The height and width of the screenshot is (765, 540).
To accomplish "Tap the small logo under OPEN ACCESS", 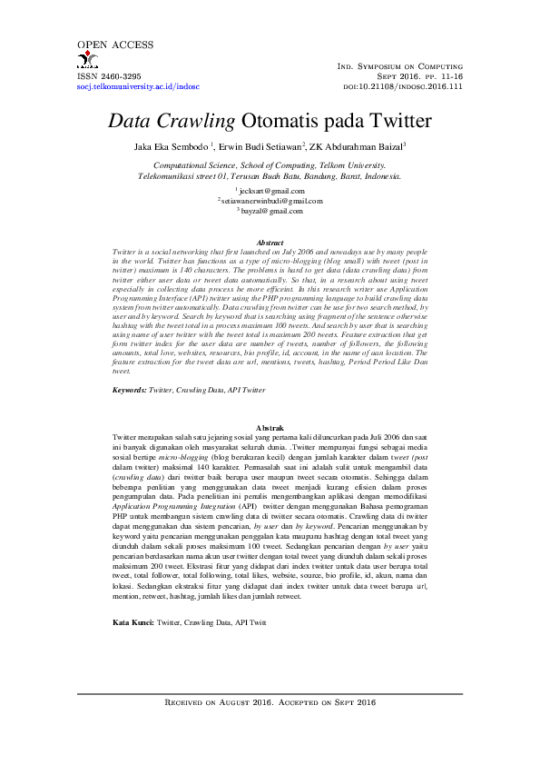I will pyautogui.click(x=87, y=62).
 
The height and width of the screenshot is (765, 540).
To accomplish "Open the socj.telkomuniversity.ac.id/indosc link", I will pyautogui.click(x=138, y=87).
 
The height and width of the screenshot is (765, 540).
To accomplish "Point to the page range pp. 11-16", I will pyautogui.click(x=444, y=77).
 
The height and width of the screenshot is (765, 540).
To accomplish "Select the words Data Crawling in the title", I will pyautogui.click(x=172, y=121).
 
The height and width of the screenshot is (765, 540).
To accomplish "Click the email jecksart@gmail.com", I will pyautogui.click(x=270, y=191).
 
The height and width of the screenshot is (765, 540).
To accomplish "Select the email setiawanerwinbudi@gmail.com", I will pyautogui.click(x=270, y=201).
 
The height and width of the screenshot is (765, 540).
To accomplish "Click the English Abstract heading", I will pyautogui.click(x=270, y=243).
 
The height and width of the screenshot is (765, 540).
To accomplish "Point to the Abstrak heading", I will pyautogui.click(x=270, y=427).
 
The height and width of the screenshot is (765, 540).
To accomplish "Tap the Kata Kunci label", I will pyautogui.click(x=133, y=598).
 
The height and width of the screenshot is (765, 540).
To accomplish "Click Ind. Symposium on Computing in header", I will pyautogui.click(x=400, y=66).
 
